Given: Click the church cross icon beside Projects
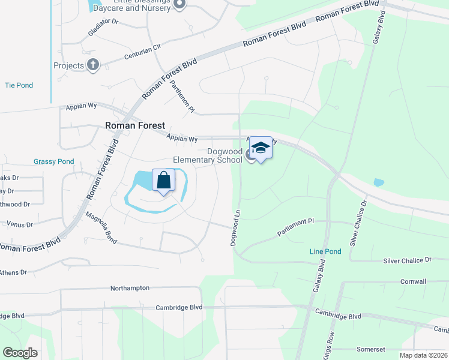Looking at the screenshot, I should (93, 65).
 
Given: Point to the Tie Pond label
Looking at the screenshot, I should (19, 85).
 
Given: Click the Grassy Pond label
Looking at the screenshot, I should (54, 161).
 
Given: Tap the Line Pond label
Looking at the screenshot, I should (325, 251).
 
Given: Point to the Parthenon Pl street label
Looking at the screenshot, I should (182, 96).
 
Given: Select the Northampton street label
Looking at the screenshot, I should (130, 288).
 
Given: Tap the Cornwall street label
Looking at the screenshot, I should (413, 281).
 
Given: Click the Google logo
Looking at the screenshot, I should (20, 352).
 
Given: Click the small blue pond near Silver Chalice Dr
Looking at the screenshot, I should (378, 182).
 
